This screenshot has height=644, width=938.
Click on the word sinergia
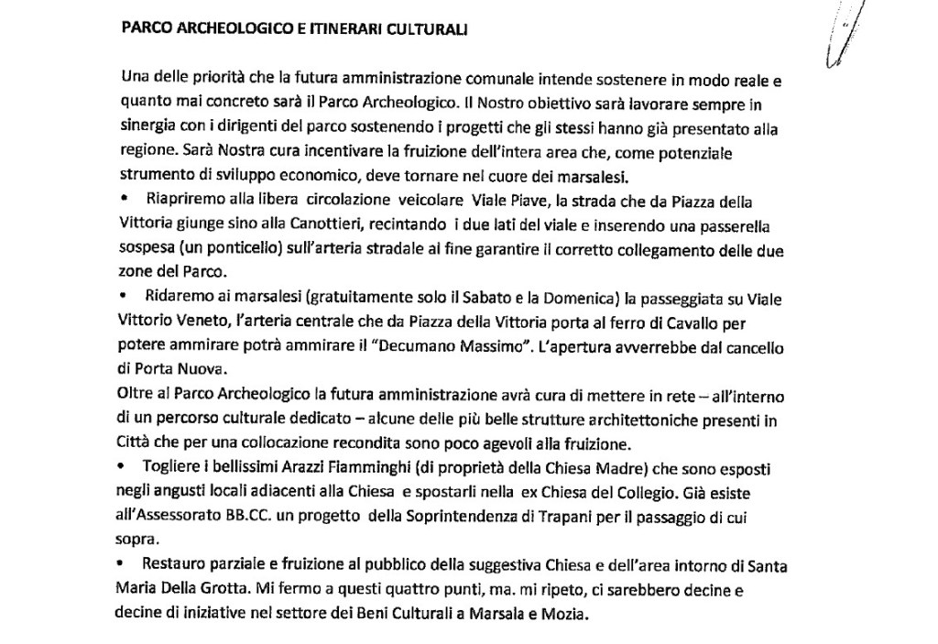148,128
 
